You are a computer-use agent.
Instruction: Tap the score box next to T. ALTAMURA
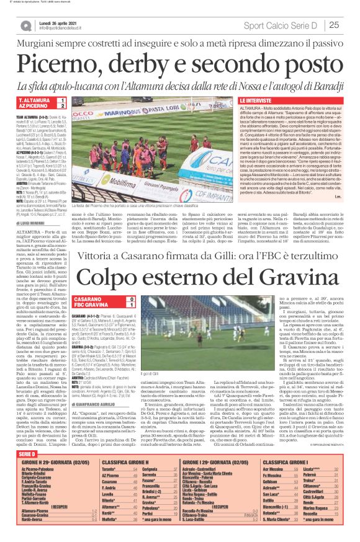[62, 100]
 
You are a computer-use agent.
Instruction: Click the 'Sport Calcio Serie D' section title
[282, 25]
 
